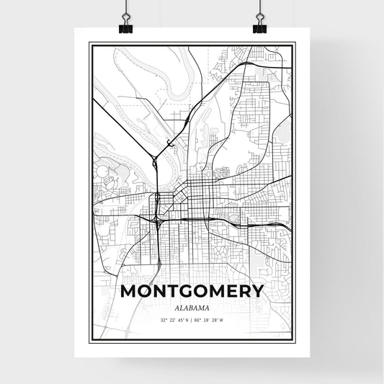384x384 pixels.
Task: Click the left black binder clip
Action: click(x=125, y=26)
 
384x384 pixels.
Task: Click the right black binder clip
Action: click(x=259, y=26)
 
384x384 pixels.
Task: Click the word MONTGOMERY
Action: click(x=191, y=292)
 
